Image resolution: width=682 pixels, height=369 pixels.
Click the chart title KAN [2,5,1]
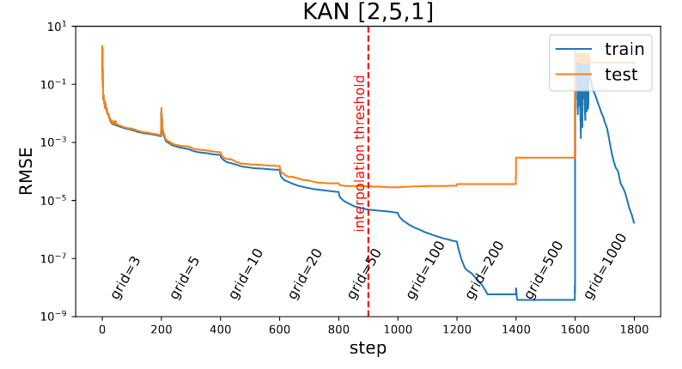pyautogui.click(x=368, y=12)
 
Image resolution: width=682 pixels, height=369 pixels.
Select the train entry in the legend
pyautogui.click(x=624, y=49)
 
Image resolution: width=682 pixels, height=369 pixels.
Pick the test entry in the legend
pyautogui.click(x=621, y=75)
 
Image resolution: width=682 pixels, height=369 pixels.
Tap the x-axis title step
pyautogui.click(x=368, y=348)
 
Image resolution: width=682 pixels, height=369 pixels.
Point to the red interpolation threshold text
pyautogui.click(x=360, y=153)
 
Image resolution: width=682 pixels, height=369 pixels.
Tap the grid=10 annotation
pyautogui.click(x=246, y=272)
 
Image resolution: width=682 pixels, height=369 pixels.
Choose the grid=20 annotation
pyautogui.click(x=305, y=272)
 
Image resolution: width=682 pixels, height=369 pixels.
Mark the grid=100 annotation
pyautogui.click(x=425, y=269)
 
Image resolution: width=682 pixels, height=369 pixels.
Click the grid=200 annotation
pyautogui.click(x=484, y=269)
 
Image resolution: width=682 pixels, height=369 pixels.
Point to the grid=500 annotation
pyautogui.click(x=544, y=269)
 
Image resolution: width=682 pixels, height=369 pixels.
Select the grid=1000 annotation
pyautogui.click(x=606, y=267)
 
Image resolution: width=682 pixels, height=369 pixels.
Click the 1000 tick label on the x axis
pyautogui.click(x=398, y=329)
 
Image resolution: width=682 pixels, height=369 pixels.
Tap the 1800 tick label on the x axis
pyautogui.click(x=634, y=329)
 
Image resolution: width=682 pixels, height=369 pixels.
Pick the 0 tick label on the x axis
pyautogui.click(x=102, y=329)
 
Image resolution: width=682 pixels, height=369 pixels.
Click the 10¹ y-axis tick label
pyautogui.click(x=58, y=26)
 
